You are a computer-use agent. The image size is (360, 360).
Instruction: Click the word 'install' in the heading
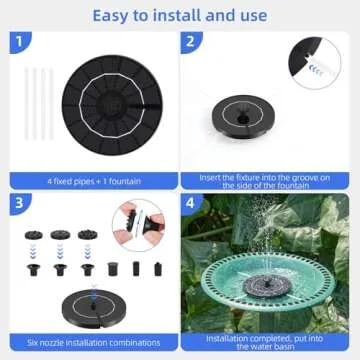pos(171,14)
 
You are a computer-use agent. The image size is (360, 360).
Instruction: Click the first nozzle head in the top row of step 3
pos(33,237)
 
